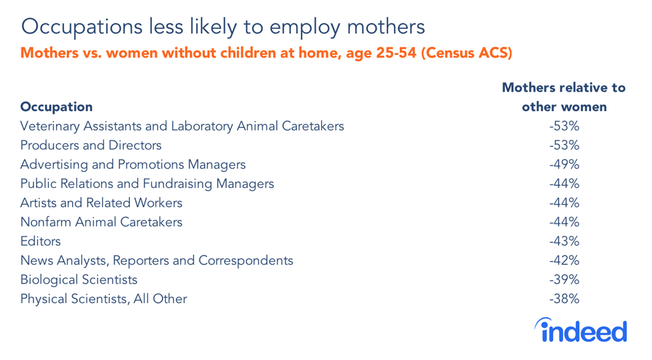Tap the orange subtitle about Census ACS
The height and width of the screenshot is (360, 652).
[x=267, y=54]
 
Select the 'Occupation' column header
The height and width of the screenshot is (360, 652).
[x=56, y=106]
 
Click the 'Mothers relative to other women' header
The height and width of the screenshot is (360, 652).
[x=564, y=97]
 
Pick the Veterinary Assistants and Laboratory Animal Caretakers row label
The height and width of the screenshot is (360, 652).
[x=182, y=126]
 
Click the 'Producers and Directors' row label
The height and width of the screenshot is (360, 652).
[x=91, y=145]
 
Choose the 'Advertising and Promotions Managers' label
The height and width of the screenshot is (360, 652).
[x=133, y=165]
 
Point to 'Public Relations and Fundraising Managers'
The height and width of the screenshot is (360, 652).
[x=147, y=184]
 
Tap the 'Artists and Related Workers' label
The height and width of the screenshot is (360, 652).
[x=101, y=203]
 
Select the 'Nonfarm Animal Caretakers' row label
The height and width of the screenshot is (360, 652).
[x=101, y=222]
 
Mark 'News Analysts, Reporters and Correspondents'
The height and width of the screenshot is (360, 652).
[x=156, y=260]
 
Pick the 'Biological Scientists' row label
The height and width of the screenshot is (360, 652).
[x=79, y=280]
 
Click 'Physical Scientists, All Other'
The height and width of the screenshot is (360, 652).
[x=104, y=299]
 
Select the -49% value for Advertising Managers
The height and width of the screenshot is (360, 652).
[x=564, y=165]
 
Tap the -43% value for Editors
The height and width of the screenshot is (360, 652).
[x=564, y=242]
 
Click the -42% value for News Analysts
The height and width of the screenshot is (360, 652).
[x=564, y=260]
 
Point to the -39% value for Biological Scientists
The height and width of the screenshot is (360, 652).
[x=564, y=280]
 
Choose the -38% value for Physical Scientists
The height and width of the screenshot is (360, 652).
[x=564, y=299]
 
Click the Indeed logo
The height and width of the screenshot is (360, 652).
[x=580, y=331]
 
